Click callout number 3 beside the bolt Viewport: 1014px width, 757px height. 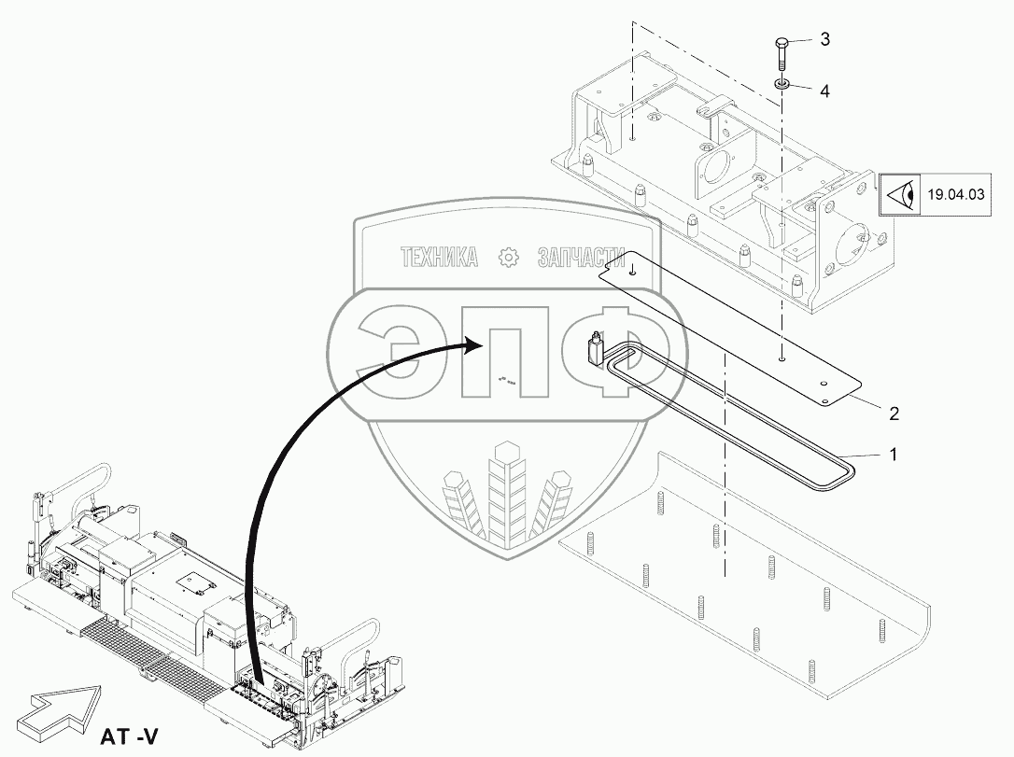pos(824,39)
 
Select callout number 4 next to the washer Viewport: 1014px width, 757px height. pos(824,91)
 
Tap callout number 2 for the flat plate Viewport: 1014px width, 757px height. pos(894,412)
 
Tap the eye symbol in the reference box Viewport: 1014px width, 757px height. pos(900,194)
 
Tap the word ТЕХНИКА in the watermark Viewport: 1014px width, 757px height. pos(438,258)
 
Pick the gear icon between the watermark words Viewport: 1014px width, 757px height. pos(509,258)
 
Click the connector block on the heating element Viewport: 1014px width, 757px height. pos(595,350)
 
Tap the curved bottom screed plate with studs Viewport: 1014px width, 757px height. pos(747,579)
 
